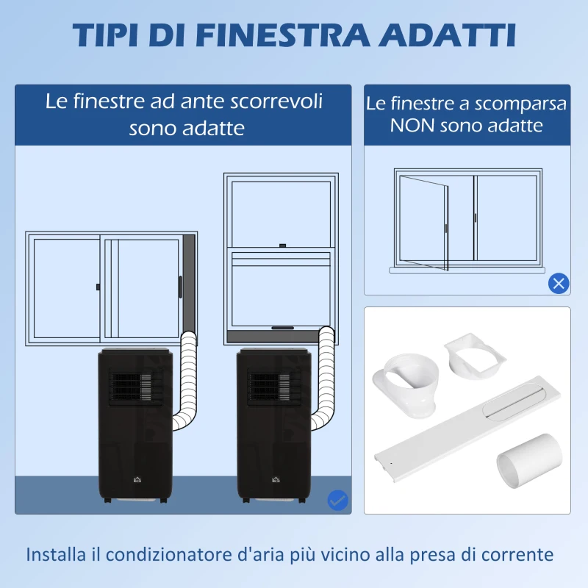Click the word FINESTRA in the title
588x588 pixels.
pos(282,35)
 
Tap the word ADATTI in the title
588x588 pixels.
pos(447,35)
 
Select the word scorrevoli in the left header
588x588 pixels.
pos(276,101)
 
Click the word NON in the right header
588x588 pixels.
pos(412,125)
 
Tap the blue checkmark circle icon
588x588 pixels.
pos(337,501)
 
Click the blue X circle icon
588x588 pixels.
pos(559,284)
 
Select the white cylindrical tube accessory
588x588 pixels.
pos(529,461)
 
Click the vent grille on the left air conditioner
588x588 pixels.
pos(135,388)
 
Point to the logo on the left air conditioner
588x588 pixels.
pos(137,479)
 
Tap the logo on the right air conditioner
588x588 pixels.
pos(276,479)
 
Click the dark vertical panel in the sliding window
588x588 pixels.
pos(189,285)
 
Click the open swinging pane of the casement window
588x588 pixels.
pos(424,223)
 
